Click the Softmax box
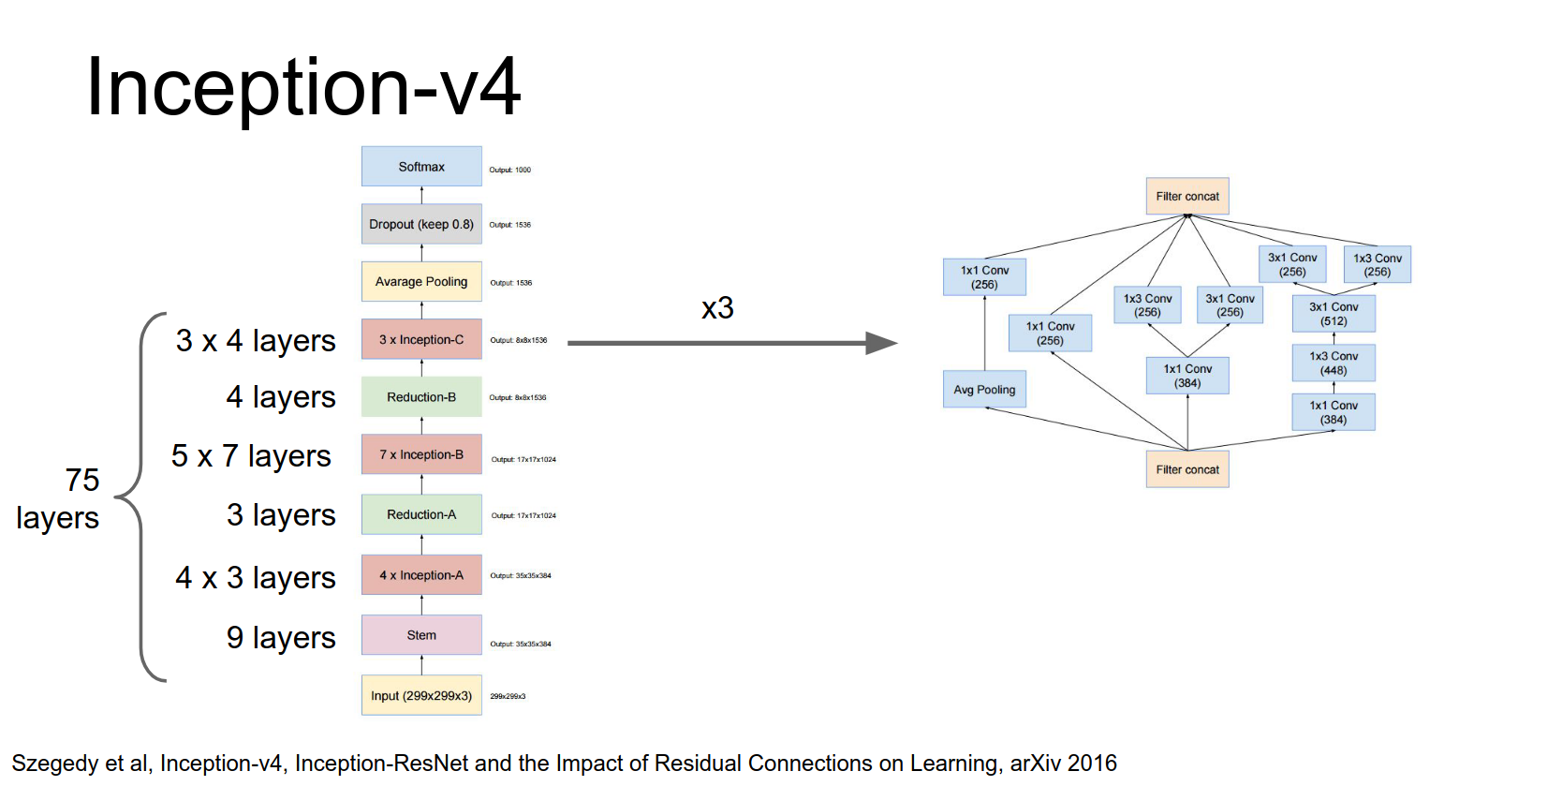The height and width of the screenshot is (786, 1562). point(421,167)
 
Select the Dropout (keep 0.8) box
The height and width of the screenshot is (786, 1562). point(421,225)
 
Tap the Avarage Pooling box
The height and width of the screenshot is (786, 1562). point(421,282)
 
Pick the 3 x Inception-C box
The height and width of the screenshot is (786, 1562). point(421,340)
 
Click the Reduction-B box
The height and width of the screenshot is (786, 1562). point(421,397)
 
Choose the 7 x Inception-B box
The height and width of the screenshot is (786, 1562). point(421,455)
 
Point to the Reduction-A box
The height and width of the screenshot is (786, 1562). point(421,514)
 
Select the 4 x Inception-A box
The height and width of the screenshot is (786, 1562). point(421,575)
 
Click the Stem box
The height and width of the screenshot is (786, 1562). point(421,635)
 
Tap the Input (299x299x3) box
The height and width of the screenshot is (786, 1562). point(421,696)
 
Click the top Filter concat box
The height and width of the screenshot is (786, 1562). point(1187,197)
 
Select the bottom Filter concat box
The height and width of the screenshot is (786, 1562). point(1187,469)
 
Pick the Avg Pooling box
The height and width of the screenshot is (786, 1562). point(984,390)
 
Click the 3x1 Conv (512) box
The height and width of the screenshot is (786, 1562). point(1334,314)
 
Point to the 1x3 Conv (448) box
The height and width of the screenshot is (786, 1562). point(1334,363)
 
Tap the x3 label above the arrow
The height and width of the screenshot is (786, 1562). point(717,308)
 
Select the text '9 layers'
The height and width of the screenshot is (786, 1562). point(281,638)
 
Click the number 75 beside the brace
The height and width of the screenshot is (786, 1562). point(82,480)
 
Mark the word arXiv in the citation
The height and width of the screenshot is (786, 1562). point(1035,764)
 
